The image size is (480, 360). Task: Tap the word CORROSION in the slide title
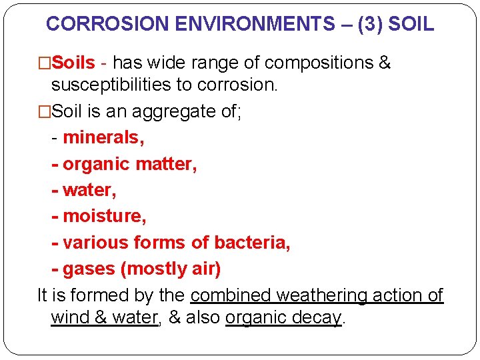107,25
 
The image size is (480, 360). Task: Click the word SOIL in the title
410,25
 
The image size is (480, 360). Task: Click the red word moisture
104,216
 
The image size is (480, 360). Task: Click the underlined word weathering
321,295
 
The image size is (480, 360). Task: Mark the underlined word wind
71,317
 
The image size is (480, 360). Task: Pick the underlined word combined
231,295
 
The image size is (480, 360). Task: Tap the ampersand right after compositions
384,63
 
